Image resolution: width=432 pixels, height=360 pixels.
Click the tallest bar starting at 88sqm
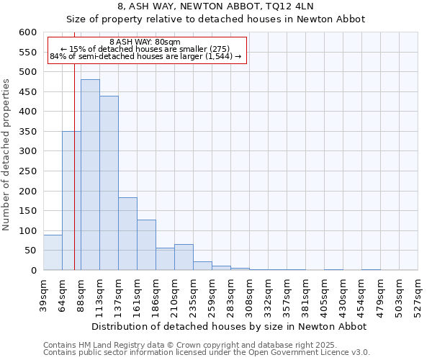[x=90, y=175]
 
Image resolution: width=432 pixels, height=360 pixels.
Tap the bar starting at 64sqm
[x=71, y=201]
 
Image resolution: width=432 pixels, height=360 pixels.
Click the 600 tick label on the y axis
[x=27, y=32]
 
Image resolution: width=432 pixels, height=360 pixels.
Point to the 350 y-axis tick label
[x=27, y=132]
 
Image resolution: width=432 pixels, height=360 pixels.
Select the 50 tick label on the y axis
[x=30, y=251]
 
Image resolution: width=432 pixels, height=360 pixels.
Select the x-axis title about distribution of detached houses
[x=230, y=326]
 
